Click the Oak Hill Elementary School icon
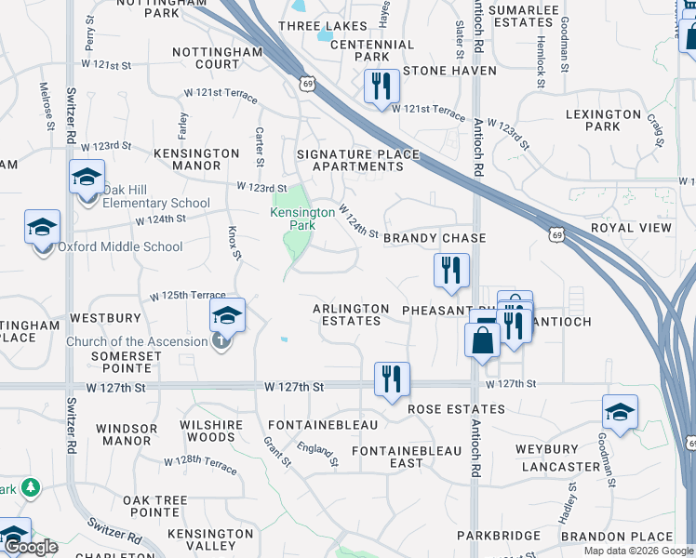pyautogui.click(x=87, y=176)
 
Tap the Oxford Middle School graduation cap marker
pyautogui.click(x=42, y=227)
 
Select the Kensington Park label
pyautogui.click(x=302, y=219)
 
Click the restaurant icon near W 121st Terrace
pyautogui.click(x=381, y=86)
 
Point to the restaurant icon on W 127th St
pyautogui.click(x=392, y=379)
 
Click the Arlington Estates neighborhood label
pyautogui.click(x=351, y=314)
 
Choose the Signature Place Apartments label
pyautogui.click(x=350, y=160)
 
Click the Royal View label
pyautogui.click(x=637, y=228)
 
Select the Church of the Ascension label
pyautogui.click(x=137, y=341)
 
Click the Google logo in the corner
pyautogui.click(x=31, y=547)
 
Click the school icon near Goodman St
pyautogui.click(x=621, y=412)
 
